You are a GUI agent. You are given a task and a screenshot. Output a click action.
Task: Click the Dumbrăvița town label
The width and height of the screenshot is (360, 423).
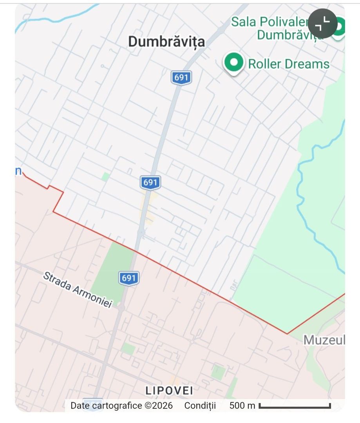click(x=166, y=42)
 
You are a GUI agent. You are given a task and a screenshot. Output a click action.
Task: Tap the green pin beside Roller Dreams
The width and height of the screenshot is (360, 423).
click(x=234, y=63)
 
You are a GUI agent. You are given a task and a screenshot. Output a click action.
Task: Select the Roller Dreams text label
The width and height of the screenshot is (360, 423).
click(x=289, y=64)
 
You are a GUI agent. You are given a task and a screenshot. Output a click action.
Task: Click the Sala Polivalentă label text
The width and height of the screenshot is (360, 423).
click(x=274, y=22)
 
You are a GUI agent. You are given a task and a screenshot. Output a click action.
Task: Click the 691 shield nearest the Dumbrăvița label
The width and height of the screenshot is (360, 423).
click(x=181, y=78)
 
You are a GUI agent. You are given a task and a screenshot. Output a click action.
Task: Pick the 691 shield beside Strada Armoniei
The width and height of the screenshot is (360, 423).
click(x=128, y=278)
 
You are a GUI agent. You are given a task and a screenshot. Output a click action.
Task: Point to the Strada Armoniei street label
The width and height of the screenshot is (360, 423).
click(x=78, y=289)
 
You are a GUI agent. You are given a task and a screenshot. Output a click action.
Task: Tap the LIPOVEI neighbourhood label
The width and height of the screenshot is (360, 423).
click(x=169, y=390)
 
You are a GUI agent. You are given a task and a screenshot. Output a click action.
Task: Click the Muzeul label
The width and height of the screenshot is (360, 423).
click(x=324, y=340)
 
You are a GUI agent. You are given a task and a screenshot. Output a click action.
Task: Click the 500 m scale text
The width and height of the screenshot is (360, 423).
click(x=242, y=405)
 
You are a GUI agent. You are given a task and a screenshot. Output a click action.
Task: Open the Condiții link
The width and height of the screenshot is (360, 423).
click(x=200, y=405)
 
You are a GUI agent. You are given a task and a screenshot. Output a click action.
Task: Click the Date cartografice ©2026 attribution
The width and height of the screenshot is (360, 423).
click(x=121, y=405)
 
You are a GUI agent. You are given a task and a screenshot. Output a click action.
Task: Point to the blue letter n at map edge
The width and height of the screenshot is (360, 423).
click(x=18, y=171)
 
